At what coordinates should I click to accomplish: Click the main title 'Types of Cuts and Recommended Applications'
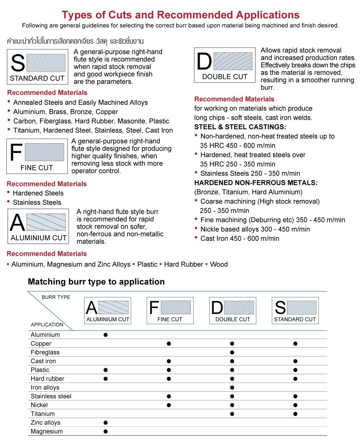(180, 15)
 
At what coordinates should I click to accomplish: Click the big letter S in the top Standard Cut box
(18, 64)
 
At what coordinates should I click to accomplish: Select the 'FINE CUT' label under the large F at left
(36, 168)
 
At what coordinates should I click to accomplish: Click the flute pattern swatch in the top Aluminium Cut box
(46, 222)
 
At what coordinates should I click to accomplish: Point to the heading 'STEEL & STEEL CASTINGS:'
(240, 127)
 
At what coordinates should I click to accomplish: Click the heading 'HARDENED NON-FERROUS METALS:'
(256, 183)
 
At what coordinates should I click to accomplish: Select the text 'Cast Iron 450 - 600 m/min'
(240, 238)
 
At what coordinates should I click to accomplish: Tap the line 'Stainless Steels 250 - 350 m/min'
(250, 173)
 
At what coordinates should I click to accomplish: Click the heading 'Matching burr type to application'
(96, 282)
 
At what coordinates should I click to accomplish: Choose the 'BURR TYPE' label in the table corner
(56, 297)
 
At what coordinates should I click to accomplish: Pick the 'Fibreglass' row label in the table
(45, 352)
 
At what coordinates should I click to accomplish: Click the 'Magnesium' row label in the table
(47, 432)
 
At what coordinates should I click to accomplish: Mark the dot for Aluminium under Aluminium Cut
(106, 335)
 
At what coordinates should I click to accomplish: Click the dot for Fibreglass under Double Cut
(232, 353)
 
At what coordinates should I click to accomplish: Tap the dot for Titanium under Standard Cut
(295, 414)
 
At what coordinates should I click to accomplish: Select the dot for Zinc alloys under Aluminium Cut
(106, 423)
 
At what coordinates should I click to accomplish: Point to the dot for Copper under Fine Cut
(169, 344)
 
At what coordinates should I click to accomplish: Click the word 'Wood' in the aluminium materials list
(219, 264)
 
